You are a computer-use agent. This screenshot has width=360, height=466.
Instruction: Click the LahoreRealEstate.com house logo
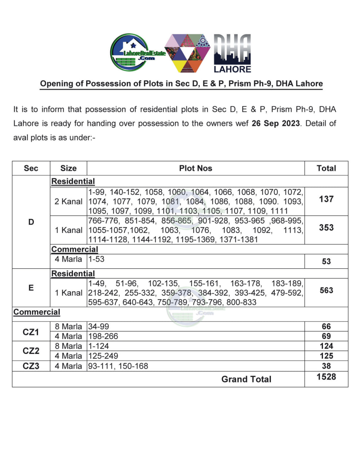click(x=135, y=53)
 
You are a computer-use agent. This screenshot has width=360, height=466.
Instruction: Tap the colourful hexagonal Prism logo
click(x=187, y=53)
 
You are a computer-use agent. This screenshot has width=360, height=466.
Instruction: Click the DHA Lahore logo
click(x=232, y=54)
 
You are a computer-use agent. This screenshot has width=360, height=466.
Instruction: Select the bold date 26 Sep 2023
click(x=276, y=123)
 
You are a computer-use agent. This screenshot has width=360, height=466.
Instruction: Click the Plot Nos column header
click(x=195, y=168)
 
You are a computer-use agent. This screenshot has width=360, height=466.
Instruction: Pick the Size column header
click(x=68, y=168)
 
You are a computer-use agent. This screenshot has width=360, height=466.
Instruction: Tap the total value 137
click(x=326, y=199)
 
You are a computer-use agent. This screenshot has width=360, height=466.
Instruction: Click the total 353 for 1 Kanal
click(x=326, y=228)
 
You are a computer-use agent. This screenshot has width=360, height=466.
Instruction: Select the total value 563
click(x=326, y=290)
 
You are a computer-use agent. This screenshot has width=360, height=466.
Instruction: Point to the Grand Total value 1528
click(x=326, y=377)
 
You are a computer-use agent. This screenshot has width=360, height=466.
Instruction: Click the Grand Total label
click(x=246, y=379)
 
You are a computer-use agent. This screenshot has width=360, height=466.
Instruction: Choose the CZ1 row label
click(x=31, y=332)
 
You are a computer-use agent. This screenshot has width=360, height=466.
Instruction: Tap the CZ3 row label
click(x=31, y=366)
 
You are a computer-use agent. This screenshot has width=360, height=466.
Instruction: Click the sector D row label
click(x=31, y=222)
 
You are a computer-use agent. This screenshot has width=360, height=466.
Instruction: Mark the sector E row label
click(x=31, y=288)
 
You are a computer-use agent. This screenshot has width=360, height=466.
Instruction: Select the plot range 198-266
click(x=103, y=336)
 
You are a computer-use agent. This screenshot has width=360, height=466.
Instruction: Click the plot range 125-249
click(x=103, y=356)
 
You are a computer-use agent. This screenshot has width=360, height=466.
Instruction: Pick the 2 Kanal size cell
click(x=68, y=201)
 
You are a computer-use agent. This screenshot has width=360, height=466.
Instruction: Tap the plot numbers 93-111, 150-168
click(x=118, y=366)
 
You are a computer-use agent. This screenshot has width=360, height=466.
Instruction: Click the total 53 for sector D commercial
click(x=326, y=261)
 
